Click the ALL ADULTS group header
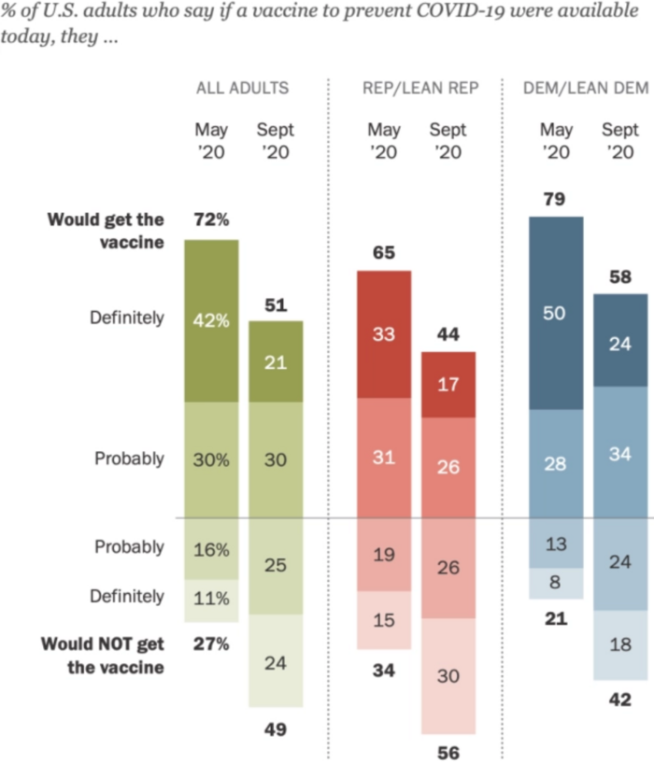(242, 88)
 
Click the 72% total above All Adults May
(211, 219)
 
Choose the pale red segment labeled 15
(383, 619)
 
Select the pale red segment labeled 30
(448, 676)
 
